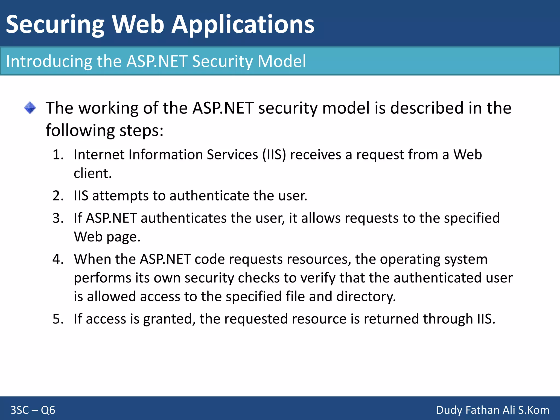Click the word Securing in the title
[x=55, y=25]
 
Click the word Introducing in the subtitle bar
[x=49, y=61]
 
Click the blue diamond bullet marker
[x=30, y=108]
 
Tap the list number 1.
[x=58, y=155]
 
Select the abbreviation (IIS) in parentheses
[x=274, y=155]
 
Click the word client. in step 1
[x=93, y=173]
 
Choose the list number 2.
[x=58, y=196]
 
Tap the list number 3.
[x=58, y=218]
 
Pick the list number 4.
[x=58, y=259]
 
